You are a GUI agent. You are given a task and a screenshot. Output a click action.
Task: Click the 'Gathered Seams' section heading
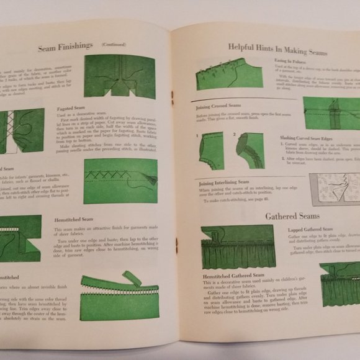point(292,216)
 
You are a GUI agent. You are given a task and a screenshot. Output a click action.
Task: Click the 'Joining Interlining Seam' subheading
point(225,183)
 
